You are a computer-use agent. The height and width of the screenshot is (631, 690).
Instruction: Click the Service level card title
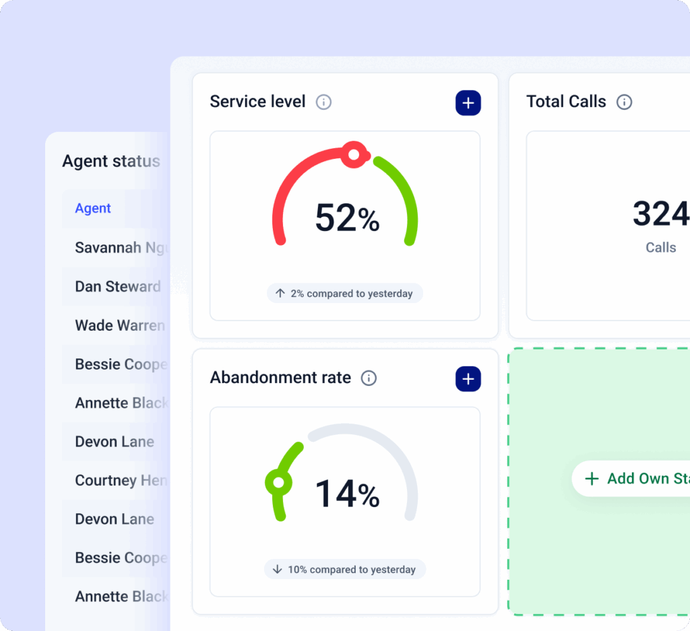(x=257, y=102)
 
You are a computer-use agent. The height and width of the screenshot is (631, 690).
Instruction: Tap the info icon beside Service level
(x=324, y=102)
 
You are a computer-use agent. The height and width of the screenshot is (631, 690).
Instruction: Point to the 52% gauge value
(x=347, y=218)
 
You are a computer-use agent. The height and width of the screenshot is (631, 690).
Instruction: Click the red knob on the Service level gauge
(x=353, y=155)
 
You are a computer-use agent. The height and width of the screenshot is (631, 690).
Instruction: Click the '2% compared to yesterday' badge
(x=345, y=294)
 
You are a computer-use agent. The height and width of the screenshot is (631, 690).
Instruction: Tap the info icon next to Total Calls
(x=625, y=102)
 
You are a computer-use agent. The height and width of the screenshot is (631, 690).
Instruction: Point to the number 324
(x=660, y=214)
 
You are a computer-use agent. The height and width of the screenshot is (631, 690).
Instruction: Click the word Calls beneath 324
(x=660, y=248)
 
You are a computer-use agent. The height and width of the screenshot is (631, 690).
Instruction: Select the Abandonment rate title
(x=280, y=378)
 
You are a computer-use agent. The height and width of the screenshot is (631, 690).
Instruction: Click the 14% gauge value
(x=347, y=494)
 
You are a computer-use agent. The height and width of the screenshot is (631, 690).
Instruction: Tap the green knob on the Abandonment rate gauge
(x=278, y=482)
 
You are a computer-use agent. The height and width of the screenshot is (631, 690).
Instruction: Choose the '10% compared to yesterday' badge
(x=345, y=570)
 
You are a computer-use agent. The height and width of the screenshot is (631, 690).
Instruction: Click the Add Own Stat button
(x=633, y=479)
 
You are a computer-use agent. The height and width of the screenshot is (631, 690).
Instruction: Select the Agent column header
(x=93, y=209)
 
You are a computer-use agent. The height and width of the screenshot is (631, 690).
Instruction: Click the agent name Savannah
(x=108, y=248)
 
